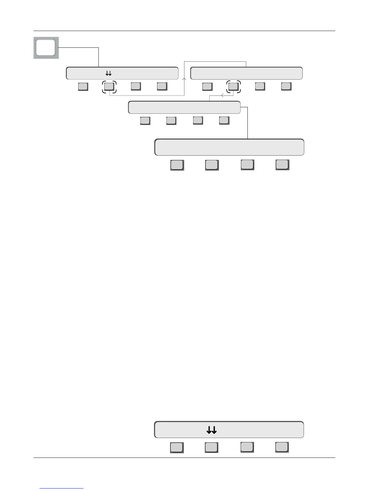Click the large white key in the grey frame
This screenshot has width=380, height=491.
(x=46, y=48)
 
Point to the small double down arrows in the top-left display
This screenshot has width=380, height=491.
(x=108, y=73)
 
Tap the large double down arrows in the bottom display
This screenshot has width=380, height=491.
(x=211, y=430)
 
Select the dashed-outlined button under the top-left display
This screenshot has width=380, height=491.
(x=109, y=86)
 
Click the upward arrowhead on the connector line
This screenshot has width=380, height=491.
(x=184, y=79)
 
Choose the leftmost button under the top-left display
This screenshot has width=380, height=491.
(x=83, y=86)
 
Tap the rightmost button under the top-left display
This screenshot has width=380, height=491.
(x=162, y=86)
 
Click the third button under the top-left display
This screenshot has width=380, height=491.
(x=136, y=86)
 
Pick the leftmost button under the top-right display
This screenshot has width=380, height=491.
(x=207, y=86)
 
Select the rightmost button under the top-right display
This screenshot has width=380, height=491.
(x=286, y=86)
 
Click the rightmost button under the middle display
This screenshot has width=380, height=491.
(x=224, y=120)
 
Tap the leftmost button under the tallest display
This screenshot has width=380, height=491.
(x=177, y=165)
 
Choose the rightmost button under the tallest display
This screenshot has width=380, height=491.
(x=282, y=165)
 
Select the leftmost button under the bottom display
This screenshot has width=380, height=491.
(x=177, y=447)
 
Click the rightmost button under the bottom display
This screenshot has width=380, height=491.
(x=282, y=447)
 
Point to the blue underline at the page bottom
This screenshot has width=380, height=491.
(x=61, y=488)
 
